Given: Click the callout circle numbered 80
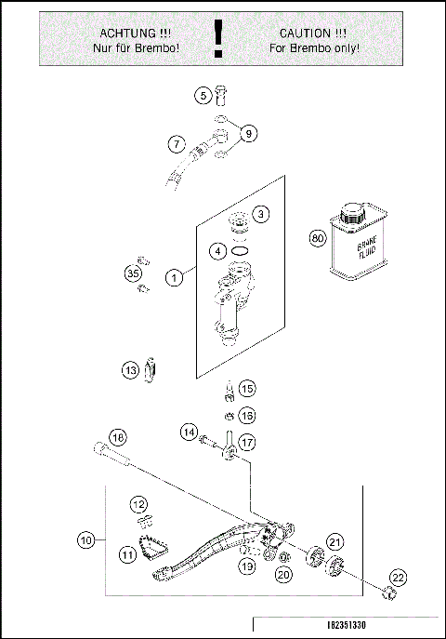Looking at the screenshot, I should click(x=318, y=237).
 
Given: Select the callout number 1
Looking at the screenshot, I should click(x=173, y=277).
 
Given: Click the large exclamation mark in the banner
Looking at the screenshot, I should click(x=218, y=39).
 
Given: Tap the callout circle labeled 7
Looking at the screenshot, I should click(x=174, y=144).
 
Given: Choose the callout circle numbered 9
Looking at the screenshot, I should click(x=248, y=134).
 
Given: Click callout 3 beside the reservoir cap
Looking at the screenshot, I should click(x=262, y=214).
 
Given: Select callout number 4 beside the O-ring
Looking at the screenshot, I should click(x=216, y=250).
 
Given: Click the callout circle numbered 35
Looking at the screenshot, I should click(x=132, y=273).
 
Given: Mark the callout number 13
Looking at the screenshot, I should click(x=129, y=370).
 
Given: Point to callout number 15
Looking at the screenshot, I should click(x=246, y=388).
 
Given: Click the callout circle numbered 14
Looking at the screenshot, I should click(x=189, y=432).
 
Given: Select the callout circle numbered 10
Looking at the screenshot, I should click(x=85, y=539).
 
